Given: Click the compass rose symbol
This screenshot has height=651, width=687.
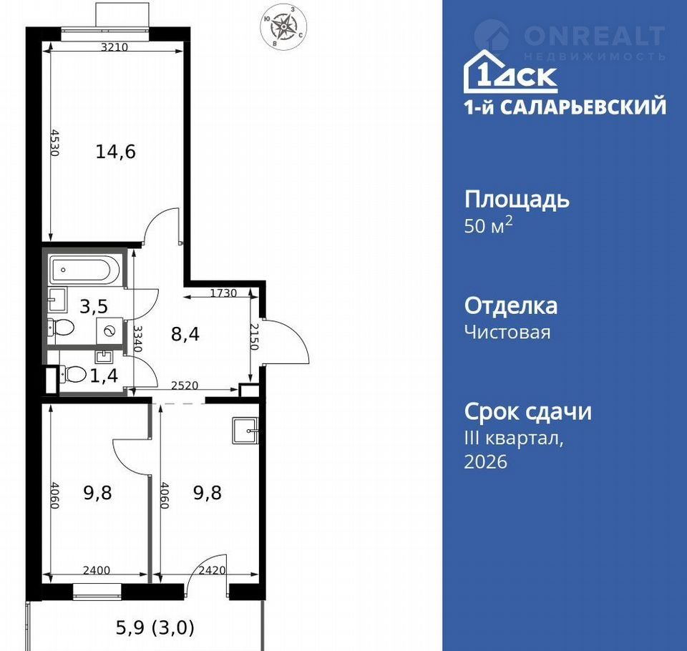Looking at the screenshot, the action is point(283,26).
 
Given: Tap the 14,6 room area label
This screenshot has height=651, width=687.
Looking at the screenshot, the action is point(116,152).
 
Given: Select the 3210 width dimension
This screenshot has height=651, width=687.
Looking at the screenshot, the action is point(114,46).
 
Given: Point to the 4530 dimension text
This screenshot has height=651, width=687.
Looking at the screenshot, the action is point(54,142).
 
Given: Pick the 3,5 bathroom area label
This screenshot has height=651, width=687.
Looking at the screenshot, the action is point(94,306).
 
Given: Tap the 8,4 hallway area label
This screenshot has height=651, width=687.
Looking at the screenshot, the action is point(185,334).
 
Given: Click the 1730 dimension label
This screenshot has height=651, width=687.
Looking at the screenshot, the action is point(223,293).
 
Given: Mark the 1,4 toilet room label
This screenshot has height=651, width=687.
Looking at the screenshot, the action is point(104,376).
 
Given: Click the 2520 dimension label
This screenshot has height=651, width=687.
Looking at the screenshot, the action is point(185,386).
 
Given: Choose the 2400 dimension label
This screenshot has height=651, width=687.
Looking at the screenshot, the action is point(97,570).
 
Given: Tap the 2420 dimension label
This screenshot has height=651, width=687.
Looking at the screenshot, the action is point(212,570).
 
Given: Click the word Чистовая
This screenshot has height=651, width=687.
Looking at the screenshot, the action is point(507,332).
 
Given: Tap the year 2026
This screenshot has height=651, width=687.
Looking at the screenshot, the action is point(485,461).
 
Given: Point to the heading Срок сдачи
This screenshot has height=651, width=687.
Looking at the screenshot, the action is point(528,412).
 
